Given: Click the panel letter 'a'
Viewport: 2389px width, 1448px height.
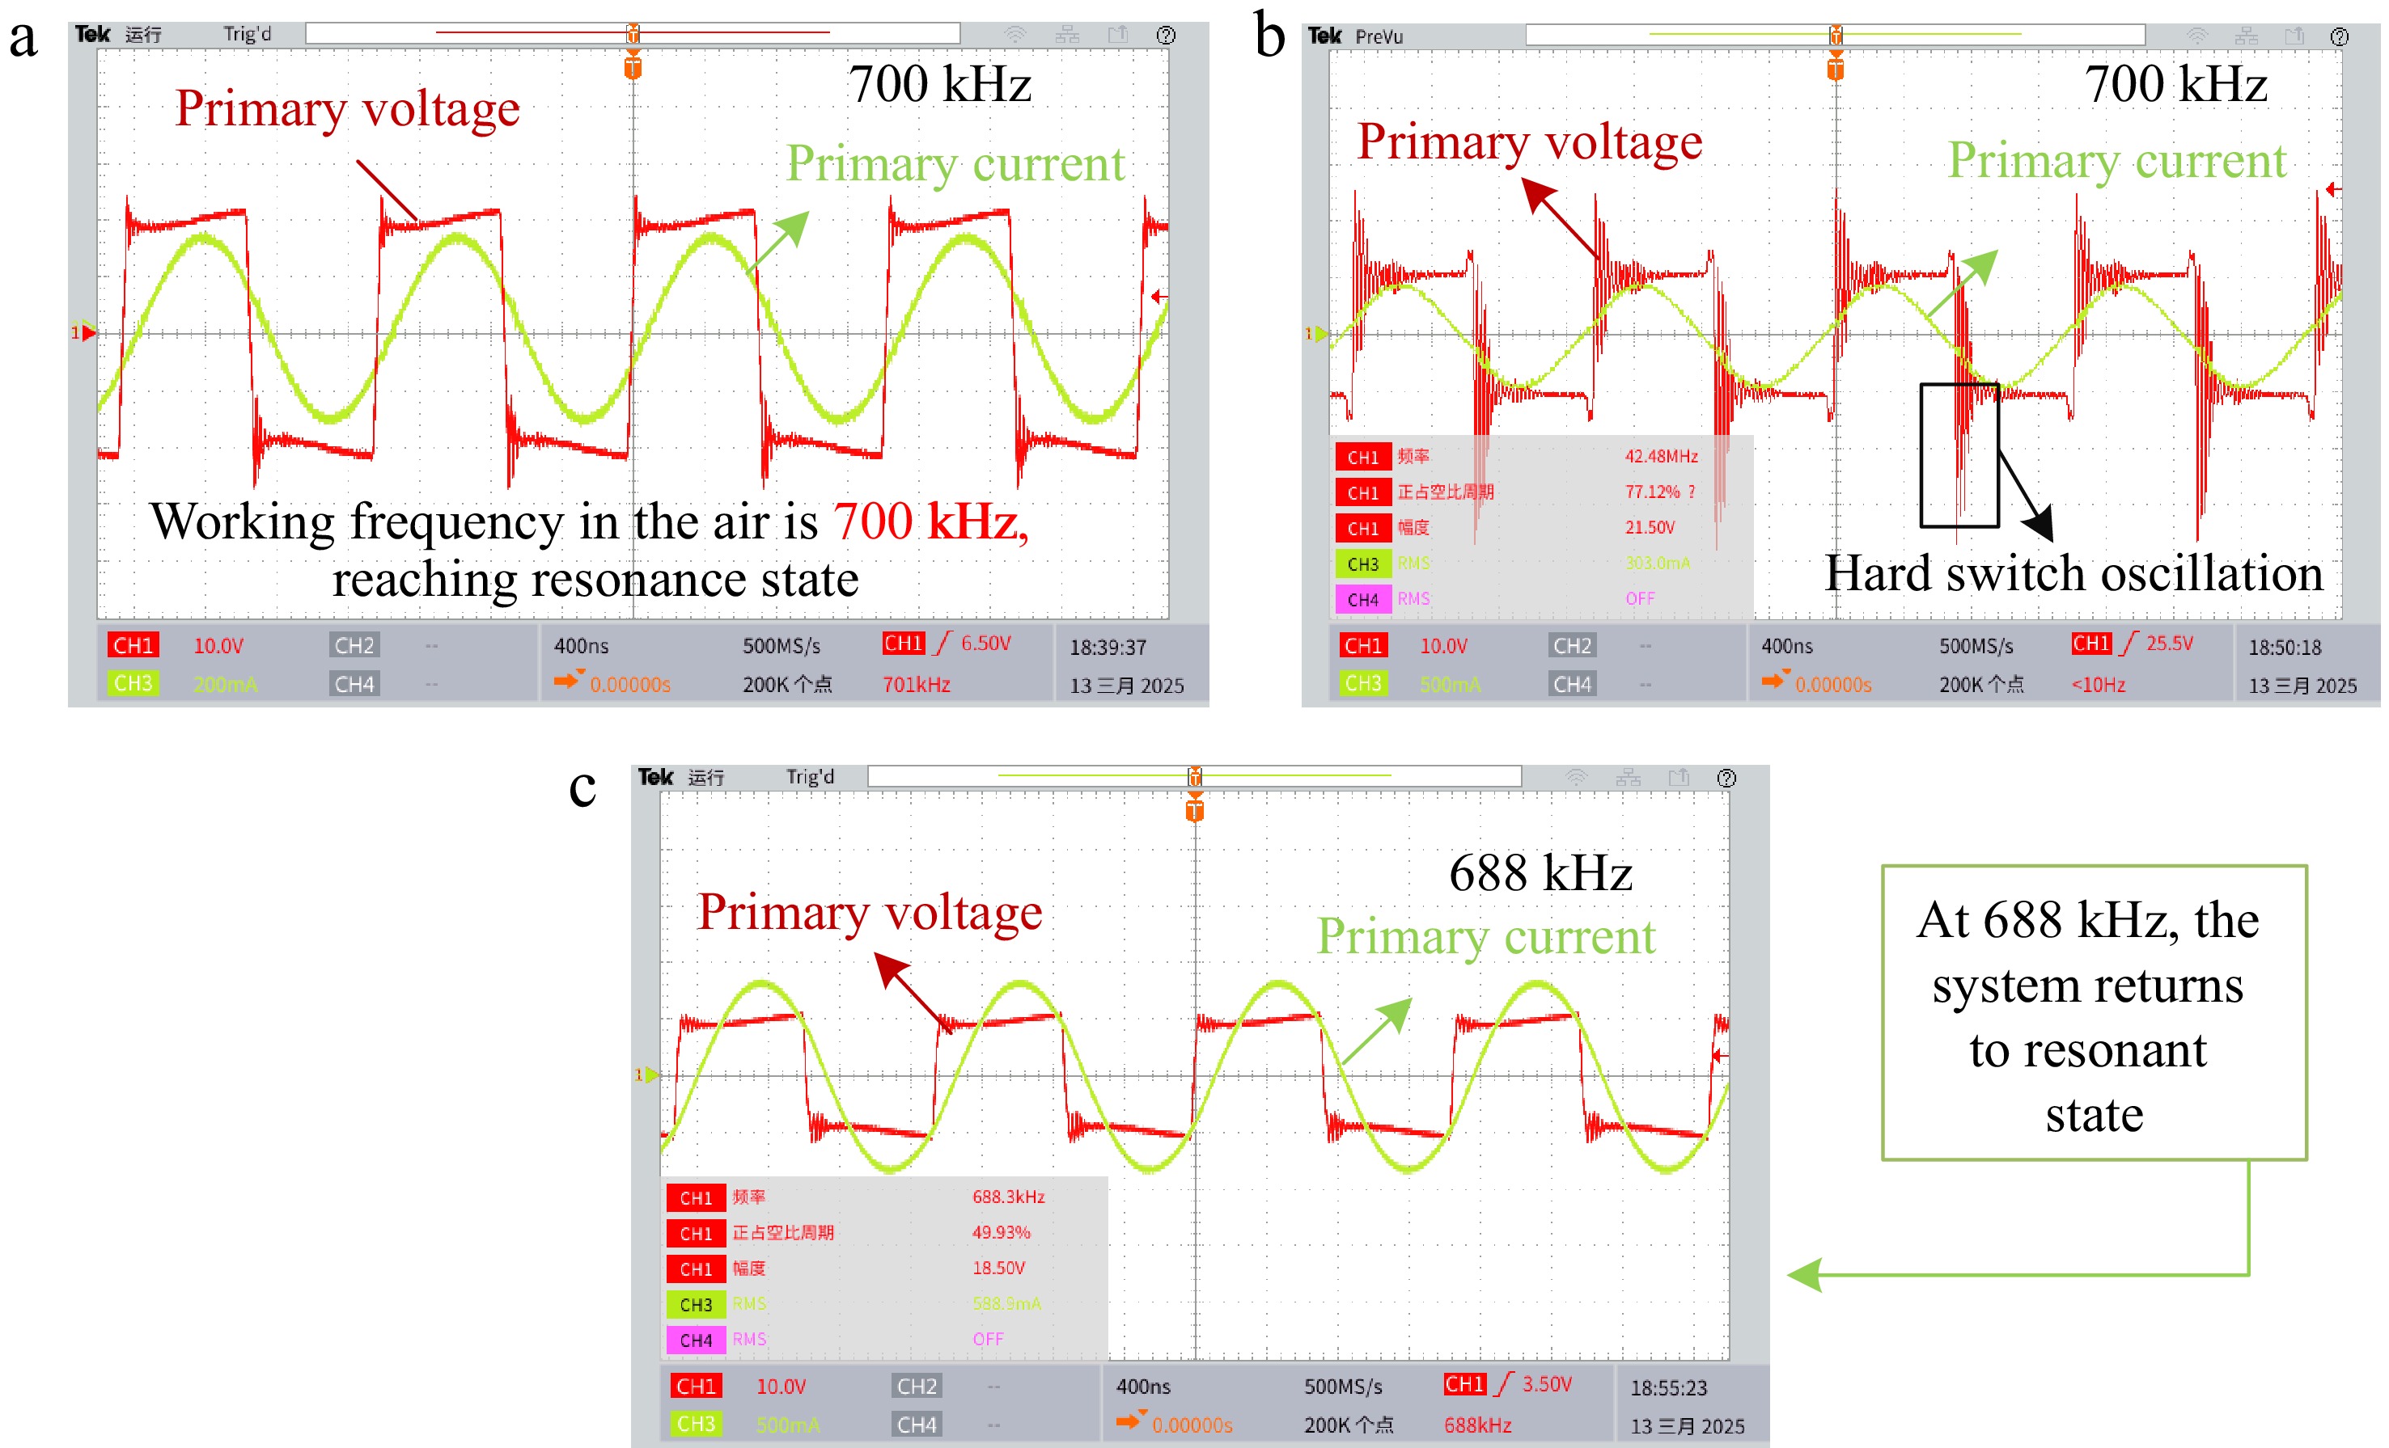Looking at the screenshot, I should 23,40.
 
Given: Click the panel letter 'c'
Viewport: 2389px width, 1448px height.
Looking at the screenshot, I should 582,787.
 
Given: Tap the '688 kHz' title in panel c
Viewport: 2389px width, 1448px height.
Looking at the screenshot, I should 1540,872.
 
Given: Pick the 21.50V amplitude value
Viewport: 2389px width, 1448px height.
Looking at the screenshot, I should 1650,527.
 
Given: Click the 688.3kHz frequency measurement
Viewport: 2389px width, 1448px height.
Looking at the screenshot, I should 1008,1197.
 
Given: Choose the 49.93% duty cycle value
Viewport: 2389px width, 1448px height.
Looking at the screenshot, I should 1001,1233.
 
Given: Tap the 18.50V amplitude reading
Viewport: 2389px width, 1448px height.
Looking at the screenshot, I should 998,1268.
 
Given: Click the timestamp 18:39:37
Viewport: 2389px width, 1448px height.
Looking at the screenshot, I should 1108,648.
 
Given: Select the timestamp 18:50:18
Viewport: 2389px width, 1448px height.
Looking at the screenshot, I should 2285,648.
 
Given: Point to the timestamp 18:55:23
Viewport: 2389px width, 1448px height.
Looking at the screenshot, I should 1667,1388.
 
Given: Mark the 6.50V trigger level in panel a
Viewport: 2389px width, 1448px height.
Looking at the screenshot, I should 985,644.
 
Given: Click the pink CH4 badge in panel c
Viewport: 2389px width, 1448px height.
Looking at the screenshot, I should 695,1340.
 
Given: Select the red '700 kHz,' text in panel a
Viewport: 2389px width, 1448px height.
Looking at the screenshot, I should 930,521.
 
